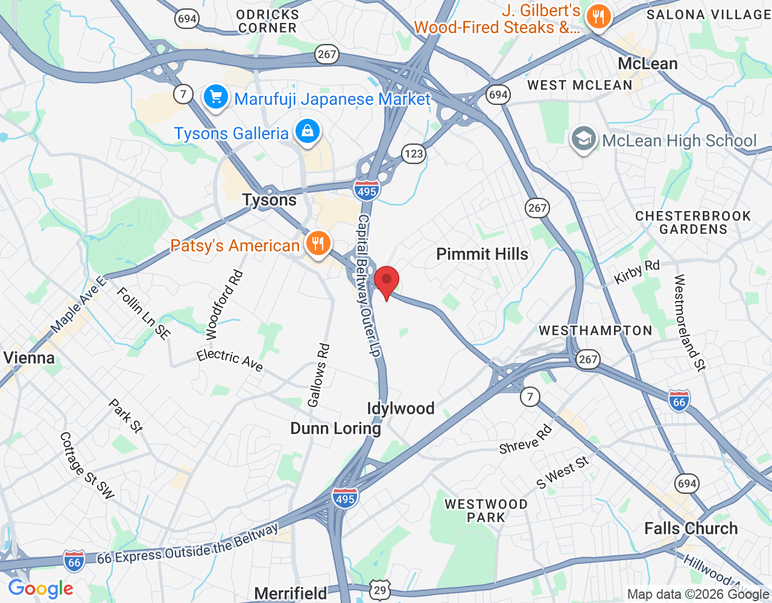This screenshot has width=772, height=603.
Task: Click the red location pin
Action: pos(387,281)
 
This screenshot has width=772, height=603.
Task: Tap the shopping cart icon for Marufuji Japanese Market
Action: pos(215,98)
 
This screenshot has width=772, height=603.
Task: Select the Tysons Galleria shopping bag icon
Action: pos(308,131)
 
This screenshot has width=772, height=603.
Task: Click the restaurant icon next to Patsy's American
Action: pos(317,244)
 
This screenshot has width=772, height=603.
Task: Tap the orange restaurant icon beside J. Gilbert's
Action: pos(598,17)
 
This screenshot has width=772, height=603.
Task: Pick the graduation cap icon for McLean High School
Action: pos(583,139)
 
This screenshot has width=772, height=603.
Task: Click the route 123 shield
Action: pos(414,154)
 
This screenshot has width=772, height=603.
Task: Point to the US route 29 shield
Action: pos(380,590)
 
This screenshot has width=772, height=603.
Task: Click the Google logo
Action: pos(41,589)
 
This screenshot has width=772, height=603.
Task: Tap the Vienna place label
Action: pos(29,358)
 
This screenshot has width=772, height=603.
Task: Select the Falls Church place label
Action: pos(691,528)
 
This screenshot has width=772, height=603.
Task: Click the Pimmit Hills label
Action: pos(482,254)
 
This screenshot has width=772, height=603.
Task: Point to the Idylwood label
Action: pos(400,408)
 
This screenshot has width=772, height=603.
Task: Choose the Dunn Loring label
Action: pos(335,428)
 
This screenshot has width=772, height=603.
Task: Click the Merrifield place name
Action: pos(291,593)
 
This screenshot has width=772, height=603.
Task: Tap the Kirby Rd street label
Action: pos(637,272)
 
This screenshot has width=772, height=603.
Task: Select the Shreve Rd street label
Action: pos(525,440)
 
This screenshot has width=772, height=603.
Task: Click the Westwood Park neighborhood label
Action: pos(486,511)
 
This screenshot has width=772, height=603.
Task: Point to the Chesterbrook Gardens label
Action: pos(693,223)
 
